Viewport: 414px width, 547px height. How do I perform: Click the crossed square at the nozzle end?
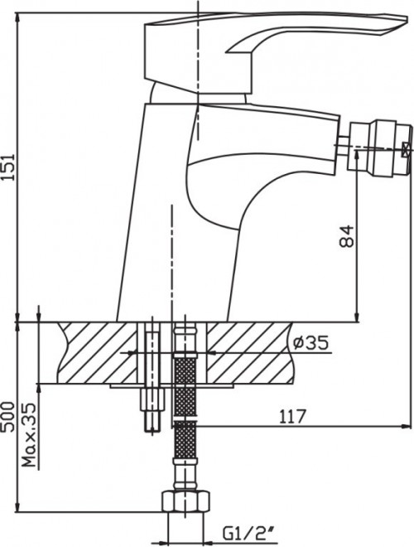pos(405,151)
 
